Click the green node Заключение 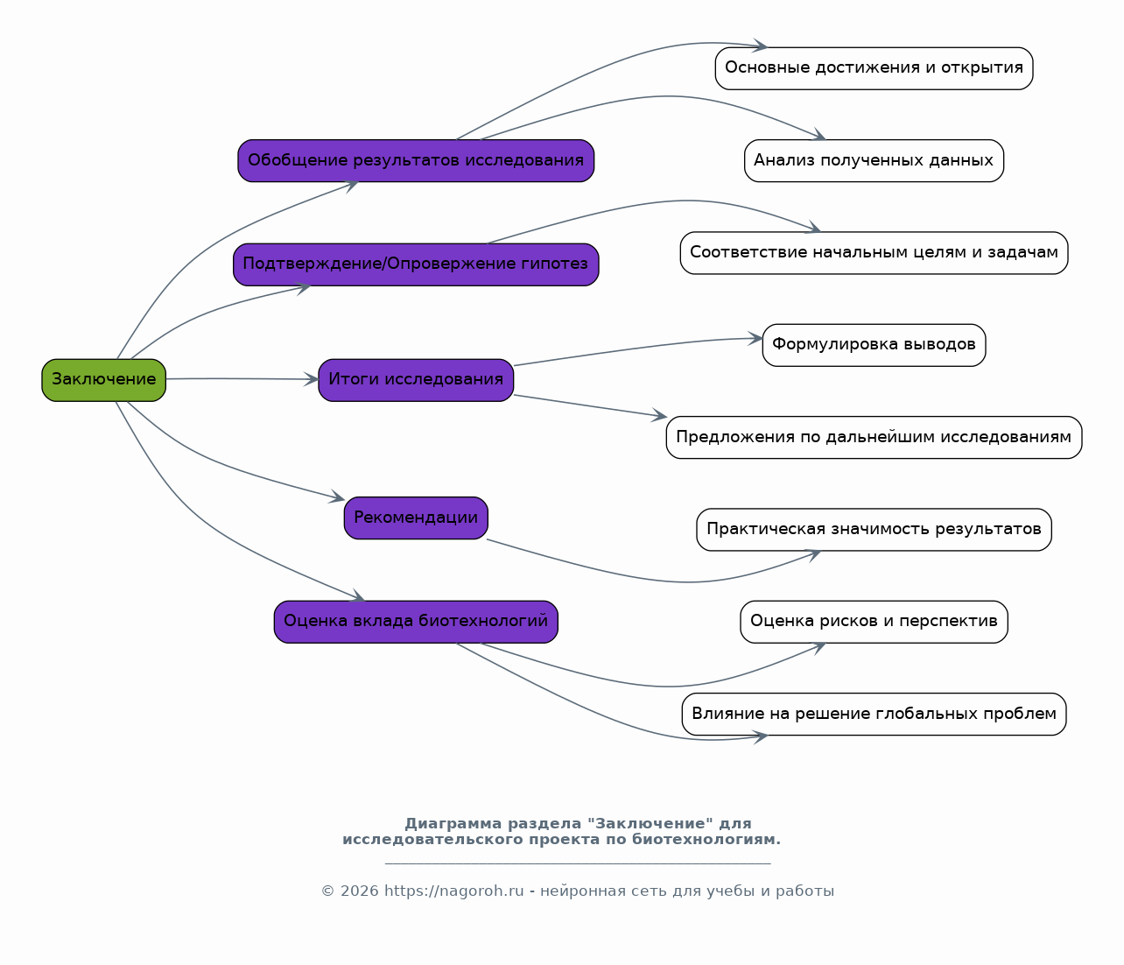click(104, 380)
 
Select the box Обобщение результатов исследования click(416, 160)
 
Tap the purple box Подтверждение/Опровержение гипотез click(416, 264)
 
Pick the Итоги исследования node click(416, 380)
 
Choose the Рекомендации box click(416, 518)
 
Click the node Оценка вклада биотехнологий click(416, 622)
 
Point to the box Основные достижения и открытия click(874, 68)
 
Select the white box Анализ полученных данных click(874, 160)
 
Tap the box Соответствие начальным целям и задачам click(874, 253)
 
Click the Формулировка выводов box click(874, 345)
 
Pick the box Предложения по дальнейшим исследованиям click(874, 437)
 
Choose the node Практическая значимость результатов click(874, 529)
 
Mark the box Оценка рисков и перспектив click(874, 622)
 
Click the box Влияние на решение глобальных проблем click(874, 714)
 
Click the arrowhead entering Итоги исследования click(313, 379)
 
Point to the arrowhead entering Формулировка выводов click(755, 338)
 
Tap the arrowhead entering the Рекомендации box click(337, 497)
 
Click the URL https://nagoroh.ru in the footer click(453, 891)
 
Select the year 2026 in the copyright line click(360, 891)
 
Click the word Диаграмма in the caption click(453, 823)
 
